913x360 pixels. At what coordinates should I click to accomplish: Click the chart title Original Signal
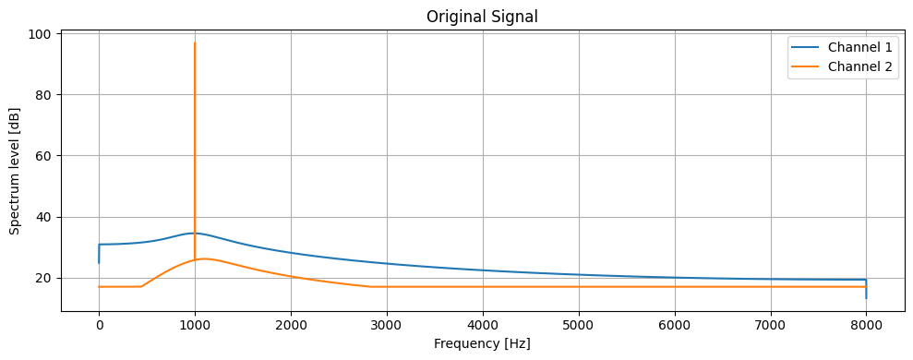tap(482, 16)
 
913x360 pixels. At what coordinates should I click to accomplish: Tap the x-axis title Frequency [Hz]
tap(482, 343)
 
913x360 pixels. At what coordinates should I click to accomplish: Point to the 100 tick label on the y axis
tap(43, 34)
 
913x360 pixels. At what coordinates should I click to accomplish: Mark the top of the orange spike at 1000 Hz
tap(195, 42)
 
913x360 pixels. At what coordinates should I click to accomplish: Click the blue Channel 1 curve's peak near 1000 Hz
tap(193, 233)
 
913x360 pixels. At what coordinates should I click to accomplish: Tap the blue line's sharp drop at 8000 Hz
tap(866, 288)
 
